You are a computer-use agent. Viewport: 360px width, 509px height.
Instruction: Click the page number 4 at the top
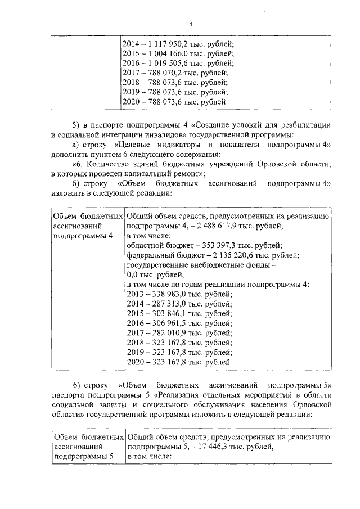click(x=190, y=24)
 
